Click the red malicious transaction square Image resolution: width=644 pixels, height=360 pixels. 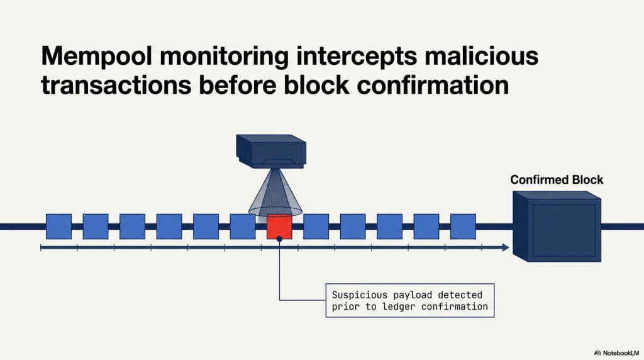tap(279, 227)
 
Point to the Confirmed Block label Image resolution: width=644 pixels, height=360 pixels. tap(557, 180)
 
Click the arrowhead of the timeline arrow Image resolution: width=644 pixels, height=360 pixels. tap(505, 249)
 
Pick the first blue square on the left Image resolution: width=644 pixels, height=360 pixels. tap(58, 227)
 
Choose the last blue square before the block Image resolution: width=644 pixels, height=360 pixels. tap(463, 227)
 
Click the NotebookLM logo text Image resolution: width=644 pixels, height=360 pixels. tap(619, 353)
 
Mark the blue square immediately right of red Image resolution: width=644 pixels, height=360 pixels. tap(316, 227)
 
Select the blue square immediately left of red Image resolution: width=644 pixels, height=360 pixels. tap(243, 227)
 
